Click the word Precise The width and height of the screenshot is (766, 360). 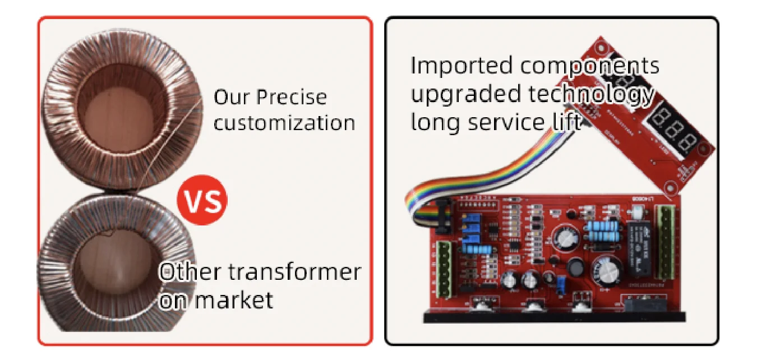[291, 97]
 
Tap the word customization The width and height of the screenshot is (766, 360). [284, 123]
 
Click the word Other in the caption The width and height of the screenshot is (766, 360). [189, 272]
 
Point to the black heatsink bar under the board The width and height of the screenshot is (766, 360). [553, 317]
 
